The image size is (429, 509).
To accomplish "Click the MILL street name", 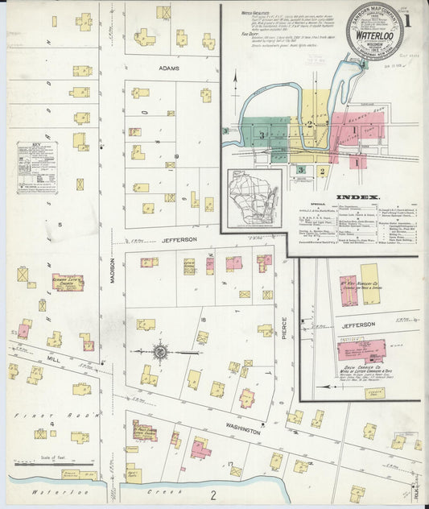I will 53,357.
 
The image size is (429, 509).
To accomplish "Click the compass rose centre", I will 160,351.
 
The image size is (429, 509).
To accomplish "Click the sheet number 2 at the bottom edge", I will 213,494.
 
